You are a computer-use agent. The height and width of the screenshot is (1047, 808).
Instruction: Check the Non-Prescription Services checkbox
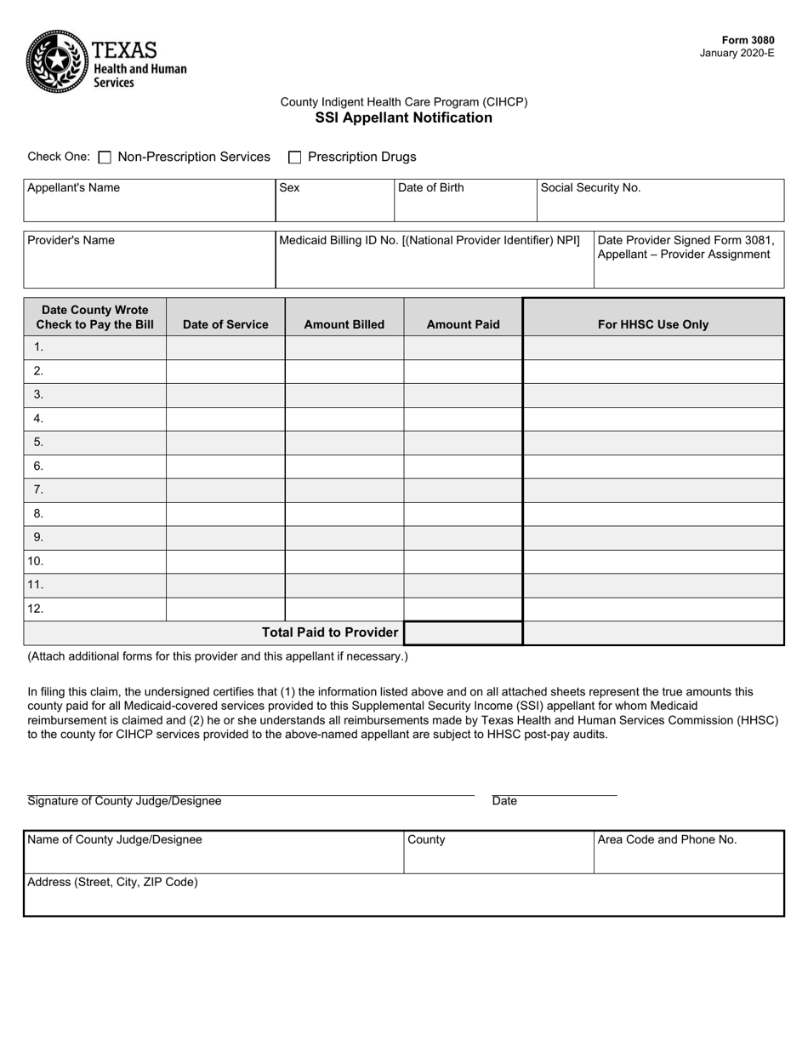coord(105,157)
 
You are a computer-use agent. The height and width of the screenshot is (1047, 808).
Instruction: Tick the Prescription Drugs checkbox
coord(295,157)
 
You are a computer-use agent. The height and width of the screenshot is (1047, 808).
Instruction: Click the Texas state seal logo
coord(56,61)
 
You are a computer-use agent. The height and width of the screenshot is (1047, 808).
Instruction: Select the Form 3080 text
coord(748,40)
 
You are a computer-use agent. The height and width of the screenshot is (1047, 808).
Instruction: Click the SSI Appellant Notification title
coord(403,118)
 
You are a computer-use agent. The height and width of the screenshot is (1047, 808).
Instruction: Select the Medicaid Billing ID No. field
coord(434,266)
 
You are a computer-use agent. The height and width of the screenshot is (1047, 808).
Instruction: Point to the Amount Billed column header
coord(344,324)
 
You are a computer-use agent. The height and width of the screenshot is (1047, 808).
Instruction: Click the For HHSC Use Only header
coord(652,324)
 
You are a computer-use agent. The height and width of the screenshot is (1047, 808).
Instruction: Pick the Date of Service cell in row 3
coord(225,395)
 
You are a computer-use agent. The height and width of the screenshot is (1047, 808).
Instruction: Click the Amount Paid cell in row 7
coord(463,490)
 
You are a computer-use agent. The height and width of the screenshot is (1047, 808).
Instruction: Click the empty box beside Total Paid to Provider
coord(463,633)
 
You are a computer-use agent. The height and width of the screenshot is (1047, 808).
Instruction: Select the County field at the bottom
coord(498,853)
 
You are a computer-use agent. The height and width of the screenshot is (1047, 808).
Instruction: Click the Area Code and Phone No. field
coord(688,853)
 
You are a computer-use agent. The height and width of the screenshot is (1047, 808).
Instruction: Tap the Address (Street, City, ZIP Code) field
coord(403,895)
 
